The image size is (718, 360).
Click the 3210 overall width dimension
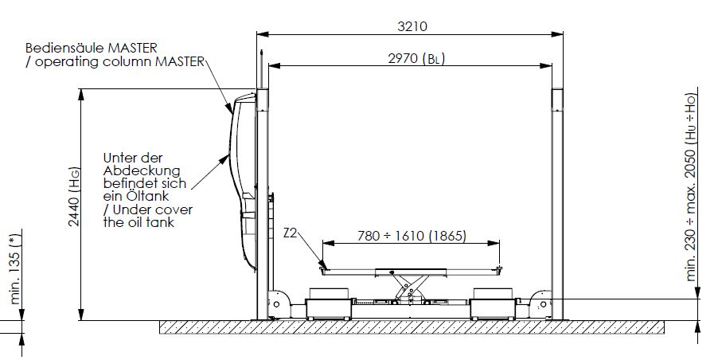pyautogui.click(x=412, y=26)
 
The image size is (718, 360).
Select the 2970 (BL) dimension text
pyautogui.click(x=416, y=59)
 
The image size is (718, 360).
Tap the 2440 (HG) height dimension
pyautogui.click(x=74, y=197)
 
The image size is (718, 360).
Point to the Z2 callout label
pyautogui.click(x=290, y=233)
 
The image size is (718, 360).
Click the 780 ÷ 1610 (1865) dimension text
pyautogui.click(x=412, y=236)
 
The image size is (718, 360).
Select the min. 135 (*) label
pyautogui.click(x=15, y=270)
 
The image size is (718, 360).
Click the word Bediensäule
pyautogui.click(x=65, y=48)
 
